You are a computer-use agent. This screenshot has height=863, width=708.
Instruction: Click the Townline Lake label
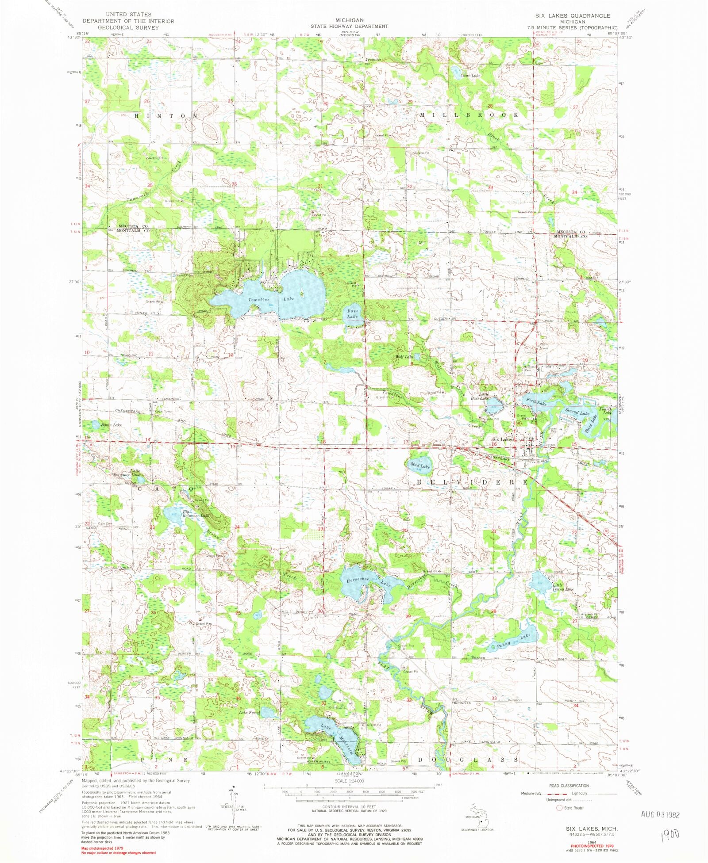270,300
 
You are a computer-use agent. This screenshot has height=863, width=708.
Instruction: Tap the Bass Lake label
352,314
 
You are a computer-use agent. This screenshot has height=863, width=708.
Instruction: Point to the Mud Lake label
419,466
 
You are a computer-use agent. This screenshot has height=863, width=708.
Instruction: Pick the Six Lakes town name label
502,439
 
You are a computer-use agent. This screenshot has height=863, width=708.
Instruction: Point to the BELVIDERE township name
472,481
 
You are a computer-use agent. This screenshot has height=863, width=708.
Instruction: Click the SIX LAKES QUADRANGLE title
572,15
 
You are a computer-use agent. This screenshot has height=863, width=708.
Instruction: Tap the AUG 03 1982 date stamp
659,815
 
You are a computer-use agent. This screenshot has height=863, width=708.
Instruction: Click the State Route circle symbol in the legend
559,808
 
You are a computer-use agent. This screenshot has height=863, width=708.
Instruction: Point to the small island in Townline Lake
302,293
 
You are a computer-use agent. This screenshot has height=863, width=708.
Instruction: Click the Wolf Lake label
404,357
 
